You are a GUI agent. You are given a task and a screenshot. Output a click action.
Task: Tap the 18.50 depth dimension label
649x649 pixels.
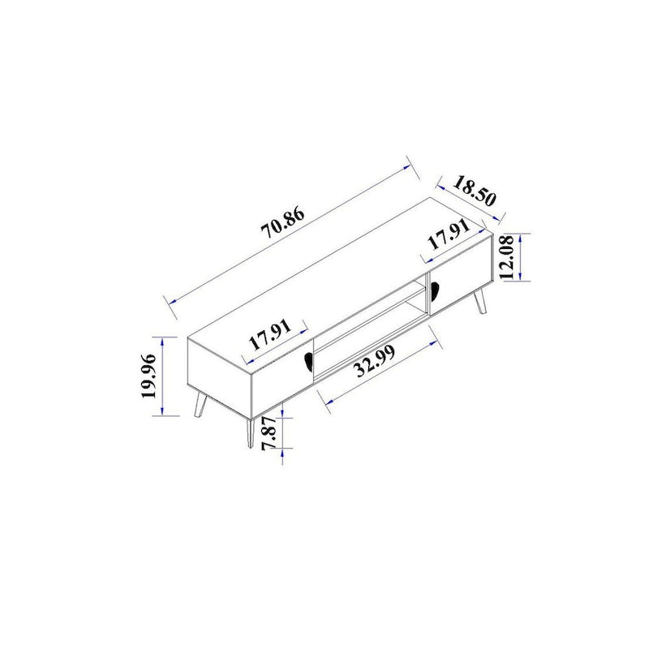pyautogui.click(x=475, y=189)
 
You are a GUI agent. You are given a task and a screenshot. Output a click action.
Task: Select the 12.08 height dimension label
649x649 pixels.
pyautogui.click(x=509, y=257)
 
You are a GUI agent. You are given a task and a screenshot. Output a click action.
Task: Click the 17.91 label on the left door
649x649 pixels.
pyautogui.click(x=269, y=333)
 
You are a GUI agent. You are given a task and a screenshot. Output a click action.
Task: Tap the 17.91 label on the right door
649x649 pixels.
pyautogui.click(x=449, y=238)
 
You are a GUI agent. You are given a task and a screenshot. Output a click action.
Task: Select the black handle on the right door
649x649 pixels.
pyautogui.click(x=432, y=288)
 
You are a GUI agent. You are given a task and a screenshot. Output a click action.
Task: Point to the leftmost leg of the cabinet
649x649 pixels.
pyautogui.click(x=199, y=406)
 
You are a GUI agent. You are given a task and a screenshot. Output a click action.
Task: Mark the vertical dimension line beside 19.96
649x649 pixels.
pyautogui.click(x=165, y=375)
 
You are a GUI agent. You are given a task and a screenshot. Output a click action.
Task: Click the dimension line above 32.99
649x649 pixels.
pyautogui.click(x=378, y=365)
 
